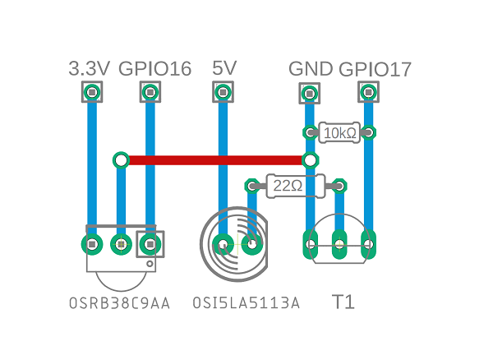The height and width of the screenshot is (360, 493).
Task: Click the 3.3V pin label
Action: pyautogui.click(x=89, y=69)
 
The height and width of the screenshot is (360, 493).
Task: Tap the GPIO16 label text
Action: pyautogui.click(x=155, y=69)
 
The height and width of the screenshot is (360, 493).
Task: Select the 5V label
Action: pyautogui.click(x=223, y=68)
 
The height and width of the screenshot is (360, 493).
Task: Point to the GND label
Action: pyautogui.click(x=311, y=69)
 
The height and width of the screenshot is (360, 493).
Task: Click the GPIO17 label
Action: pyautogui.click(x=376, y=69)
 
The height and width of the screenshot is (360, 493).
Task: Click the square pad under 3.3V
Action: pyautogui.click(x=91, y=93)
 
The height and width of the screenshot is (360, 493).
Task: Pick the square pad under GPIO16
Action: pyautogui.click(x=150, y=93)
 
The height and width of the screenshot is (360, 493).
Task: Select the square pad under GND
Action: pyautogui.click(x=310, y=93)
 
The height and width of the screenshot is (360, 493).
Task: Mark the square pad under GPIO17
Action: pyautogui.click(x=368, y=93)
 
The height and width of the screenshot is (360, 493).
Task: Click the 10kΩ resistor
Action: pyautogui.click(x=339, y=132)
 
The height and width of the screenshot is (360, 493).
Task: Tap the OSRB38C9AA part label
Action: pyautogui.click(x=120, y=303)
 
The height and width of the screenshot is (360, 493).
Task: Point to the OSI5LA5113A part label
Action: pyautogui.click(x=246, y=303)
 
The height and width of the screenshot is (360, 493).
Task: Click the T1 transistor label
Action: pyautogui.click(x=343, y=302)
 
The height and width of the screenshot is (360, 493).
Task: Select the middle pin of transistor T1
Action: pyautogui.click(x=339, y=243)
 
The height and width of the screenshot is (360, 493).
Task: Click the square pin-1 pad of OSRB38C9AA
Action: pyautogui.click(x=150, y=244)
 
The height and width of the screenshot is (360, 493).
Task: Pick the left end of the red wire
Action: pyautogui.click(x=121, y=159)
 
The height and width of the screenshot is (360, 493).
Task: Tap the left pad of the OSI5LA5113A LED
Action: pyautogui.click(x=222, y=244)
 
